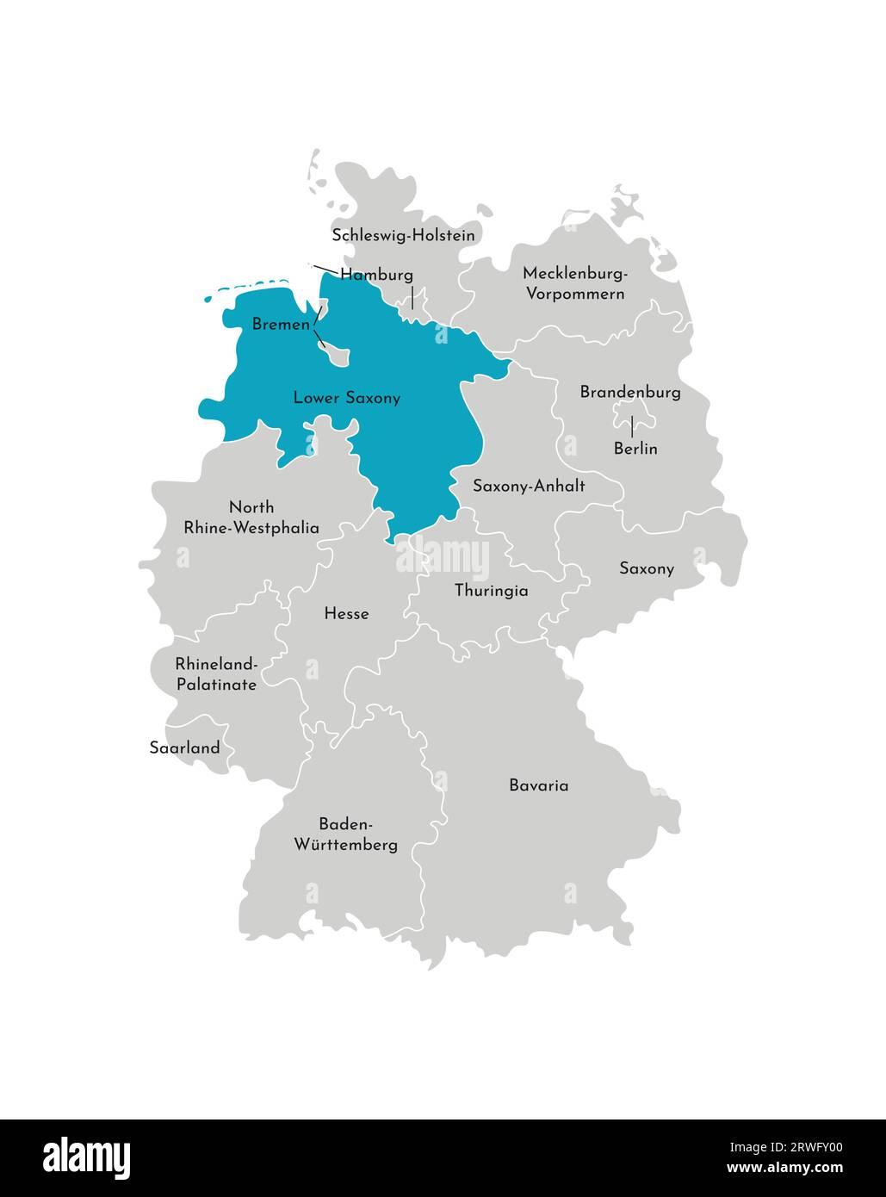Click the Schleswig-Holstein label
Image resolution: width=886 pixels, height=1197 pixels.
point(403,235)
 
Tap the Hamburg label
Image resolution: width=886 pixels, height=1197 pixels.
point(376,275)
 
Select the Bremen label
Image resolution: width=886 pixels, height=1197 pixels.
point(280,325)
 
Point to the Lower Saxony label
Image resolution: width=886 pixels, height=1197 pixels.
point(346,398)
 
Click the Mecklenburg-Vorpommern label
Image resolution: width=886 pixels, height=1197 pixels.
point(574,283)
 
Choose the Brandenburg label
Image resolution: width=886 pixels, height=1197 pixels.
point(630,393)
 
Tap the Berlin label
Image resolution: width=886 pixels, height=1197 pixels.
point(635,449)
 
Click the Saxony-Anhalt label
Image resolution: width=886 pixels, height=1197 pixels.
point(529,486)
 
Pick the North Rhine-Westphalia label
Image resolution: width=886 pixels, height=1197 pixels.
point(251,518)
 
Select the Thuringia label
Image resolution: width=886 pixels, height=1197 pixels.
point(491,591)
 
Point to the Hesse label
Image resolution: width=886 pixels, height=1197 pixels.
point(346,614)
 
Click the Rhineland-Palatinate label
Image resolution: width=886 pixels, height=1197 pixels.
point(216,674)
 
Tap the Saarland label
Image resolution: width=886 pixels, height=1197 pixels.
point(184,747)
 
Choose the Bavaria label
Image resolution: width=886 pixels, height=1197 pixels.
point(538,785)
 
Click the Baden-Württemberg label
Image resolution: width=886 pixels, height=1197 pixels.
point(346,834)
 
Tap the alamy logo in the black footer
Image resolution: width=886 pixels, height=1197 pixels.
point(86,1157)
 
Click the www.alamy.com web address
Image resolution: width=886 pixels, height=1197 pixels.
point(784,1169)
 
